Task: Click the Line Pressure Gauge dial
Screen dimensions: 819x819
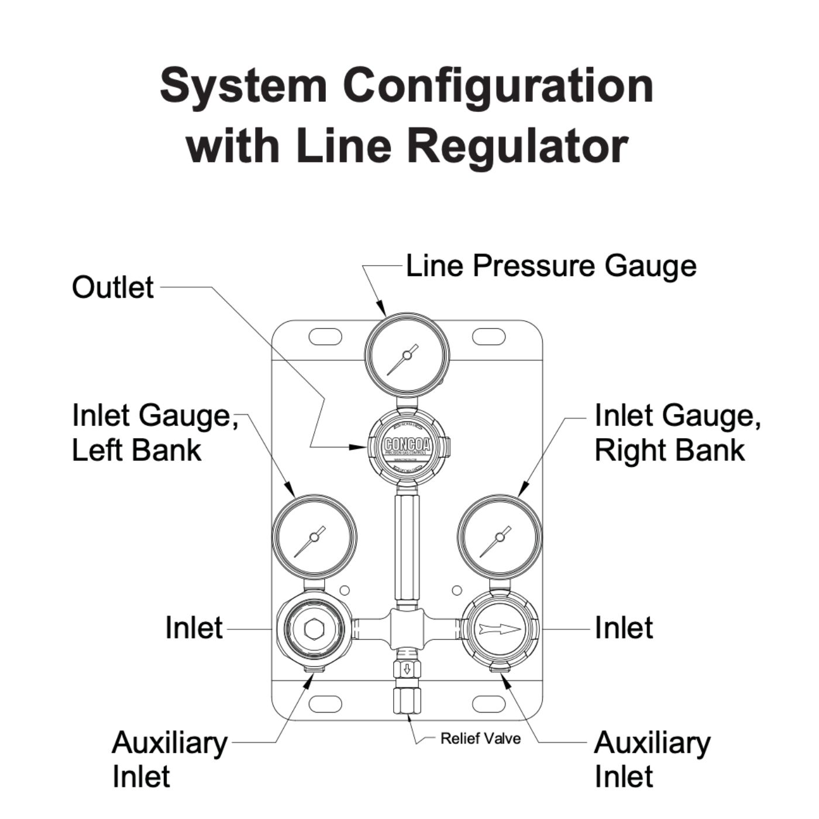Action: click(x=407, y=355)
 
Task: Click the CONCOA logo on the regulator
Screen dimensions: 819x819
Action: click(x=407, y=445)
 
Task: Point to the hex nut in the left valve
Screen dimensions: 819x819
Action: click(x=314, y=629)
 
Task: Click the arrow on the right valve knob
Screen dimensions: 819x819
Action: click(x=500, y=629)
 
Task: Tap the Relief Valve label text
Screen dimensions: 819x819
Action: click(x=480, y=739)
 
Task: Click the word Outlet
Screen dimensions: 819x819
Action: click(x=113, y=287)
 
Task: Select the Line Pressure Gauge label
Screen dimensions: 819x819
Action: click(x=551, y=266)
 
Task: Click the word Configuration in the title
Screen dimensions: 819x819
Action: click(x=498, y=86)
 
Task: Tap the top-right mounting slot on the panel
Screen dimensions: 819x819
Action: click(x=488, y=337)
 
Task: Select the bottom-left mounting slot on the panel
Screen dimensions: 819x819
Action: click(x=325, y=704)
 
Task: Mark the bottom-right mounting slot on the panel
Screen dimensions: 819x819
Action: click(x=488, y=704)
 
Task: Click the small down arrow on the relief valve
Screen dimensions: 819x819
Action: click(x=408, y=669)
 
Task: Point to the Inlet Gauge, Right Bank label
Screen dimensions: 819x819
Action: click(x=677, y=433)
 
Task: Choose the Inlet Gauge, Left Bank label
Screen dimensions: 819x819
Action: click(x=154, y=433)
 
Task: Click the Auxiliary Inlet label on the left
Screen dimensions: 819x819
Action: click(x=169, y=759)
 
